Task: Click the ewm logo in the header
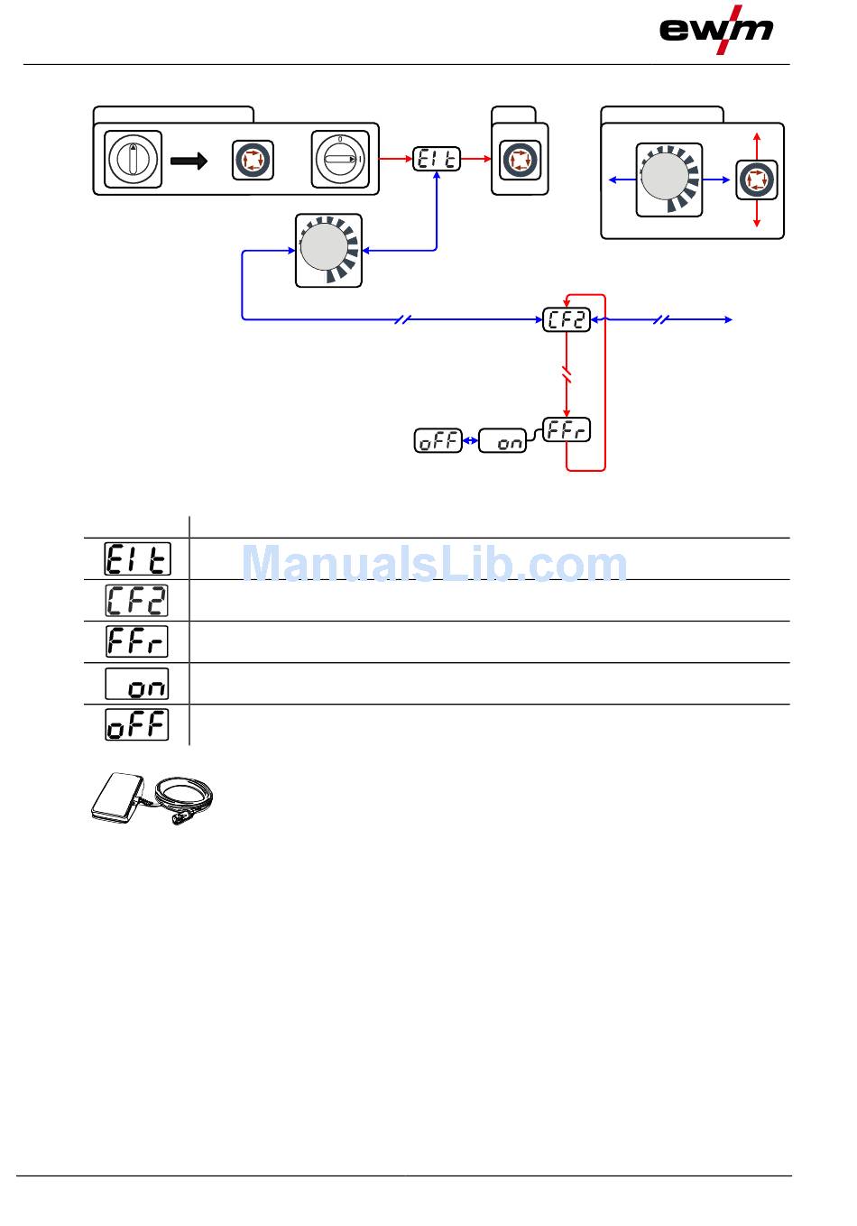(x=716, y=29)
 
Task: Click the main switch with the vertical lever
(x=134, y=160)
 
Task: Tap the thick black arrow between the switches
(x=189, y=161)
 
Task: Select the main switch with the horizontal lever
(x=340, y=160)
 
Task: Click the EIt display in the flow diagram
(x=437, y=160)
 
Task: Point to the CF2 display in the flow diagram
(x=567, y=319)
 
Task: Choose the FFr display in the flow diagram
(x=567, y=429)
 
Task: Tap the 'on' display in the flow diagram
(x=502, y=441)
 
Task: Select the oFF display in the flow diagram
(x=438, y=441)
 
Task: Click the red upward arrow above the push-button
(x=756, y=144)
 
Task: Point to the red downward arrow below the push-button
(x=756, y=216)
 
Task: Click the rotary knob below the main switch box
(x=328, y=250)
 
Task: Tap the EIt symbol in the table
(x=136, y=559)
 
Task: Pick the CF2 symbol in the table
(x=136, y=601)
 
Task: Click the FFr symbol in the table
(x=136, y=641)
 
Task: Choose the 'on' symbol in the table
(x=136, y=684)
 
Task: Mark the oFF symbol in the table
(x=136, y=724)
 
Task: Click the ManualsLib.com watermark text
(x=435, y=564)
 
